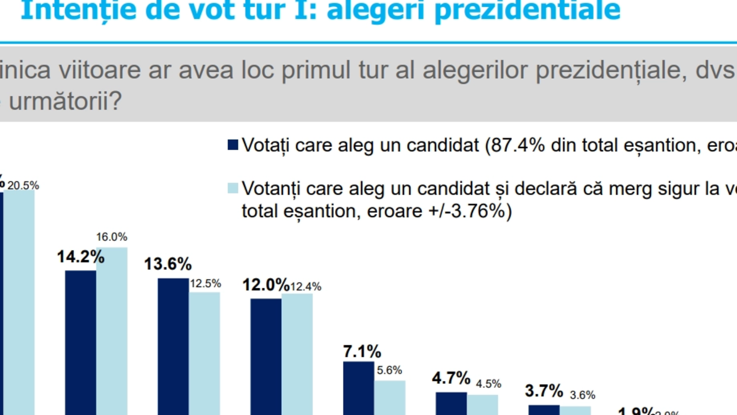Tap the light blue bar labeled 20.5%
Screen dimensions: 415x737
(x=19, y=302)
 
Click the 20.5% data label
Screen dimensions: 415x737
(x=23, y=185)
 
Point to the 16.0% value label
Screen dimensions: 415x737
(x=111, y=237)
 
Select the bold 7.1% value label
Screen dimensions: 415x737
(x=362, y=351)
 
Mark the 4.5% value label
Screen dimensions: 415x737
(x=488, y=384)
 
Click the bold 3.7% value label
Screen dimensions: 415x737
(x=544, y=391)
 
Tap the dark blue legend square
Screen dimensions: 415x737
(x=233, y=145)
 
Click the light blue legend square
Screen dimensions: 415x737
(x=233, y=188)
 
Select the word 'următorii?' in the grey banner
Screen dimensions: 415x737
(x=65, y=101)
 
